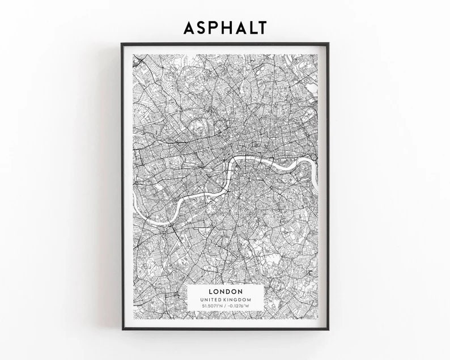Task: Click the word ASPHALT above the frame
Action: click(225, 27)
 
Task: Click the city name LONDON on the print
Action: click(225, 291)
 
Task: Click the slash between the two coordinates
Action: click(225, 307)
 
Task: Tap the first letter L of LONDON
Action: click(211, 291)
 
